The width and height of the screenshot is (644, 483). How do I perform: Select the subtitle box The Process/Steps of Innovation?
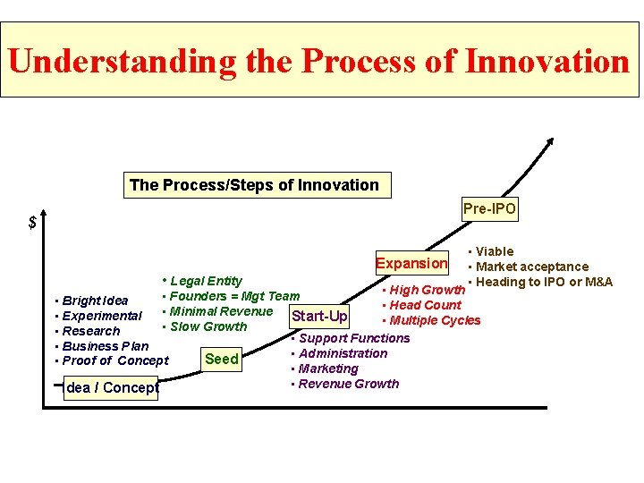tap(254, 185)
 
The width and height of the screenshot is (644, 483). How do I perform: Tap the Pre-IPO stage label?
tap(489, 209)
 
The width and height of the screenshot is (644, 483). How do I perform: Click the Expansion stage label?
tap(411, 263)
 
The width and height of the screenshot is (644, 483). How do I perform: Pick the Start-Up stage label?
tap(319, 316)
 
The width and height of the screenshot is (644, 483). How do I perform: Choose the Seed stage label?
tap(222, 359)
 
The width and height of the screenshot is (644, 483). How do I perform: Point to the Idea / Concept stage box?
tap(111, 387)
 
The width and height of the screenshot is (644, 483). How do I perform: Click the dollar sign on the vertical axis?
tap(33, 223)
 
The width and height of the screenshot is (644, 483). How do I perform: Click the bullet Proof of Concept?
tap(114, 360)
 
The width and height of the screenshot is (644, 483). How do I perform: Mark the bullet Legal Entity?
tap(205, 281)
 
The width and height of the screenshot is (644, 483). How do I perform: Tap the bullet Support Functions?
tap(353, 338)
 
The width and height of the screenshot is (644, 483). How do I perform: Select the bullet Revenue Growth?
tap(348, 384)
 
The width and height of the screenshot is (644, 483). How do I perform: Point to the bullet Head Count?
tap(425, 305)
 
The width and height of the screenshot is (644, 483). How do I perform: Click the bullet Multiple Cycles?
tap(434, 320)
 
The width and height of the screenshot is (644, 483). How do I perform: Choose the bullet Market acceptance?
tap(531, 267)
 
